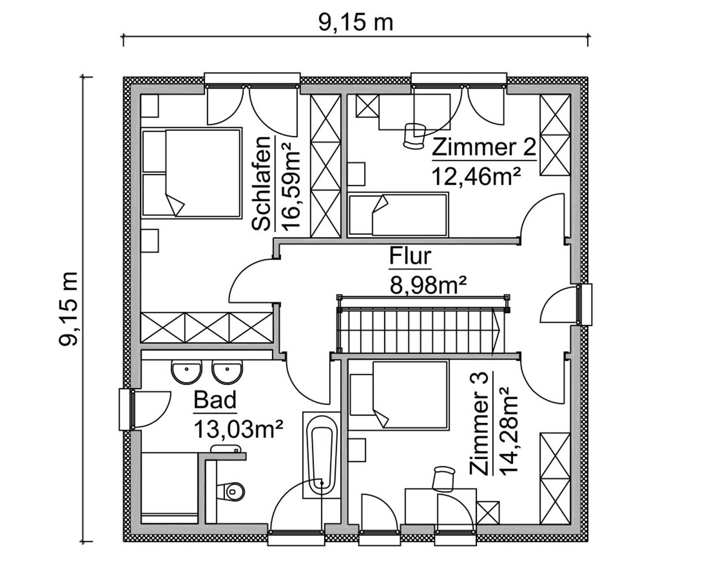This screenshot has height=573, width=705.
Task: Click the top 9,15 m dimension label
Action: point(355,22)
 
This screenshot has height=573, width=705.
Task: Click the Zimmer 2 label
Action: point(483,147)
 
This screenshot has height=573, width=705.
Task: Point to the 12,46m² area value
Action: point(476,176)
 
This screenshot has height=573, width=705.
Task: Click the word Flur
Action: point(410,256)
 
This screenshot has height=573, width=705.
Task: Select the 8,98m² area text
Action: point(428,285)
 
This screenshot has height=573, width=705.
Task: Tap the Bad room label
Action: point(215,401)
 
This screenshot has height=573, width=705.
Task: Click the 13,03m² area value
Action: point(238,429)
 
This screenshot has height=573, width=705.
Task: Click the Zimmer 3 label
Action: point(479,423)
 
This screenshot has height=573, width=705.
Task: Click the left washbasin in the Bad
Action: point(187,372)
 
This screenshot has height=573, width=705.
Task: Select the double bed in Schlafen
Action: point(192,173)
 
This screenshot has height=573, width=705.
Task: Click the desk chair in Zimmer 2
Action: point(414,135)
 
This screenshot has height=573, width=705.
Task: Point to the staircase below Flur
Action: point(419,331)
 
